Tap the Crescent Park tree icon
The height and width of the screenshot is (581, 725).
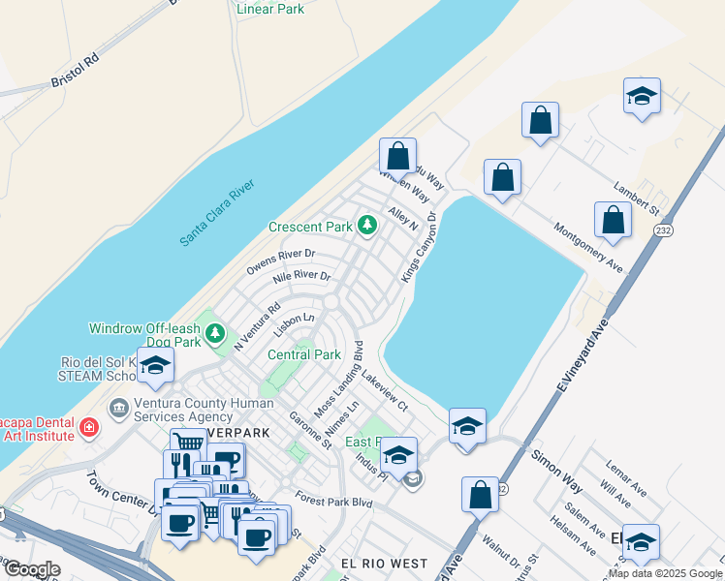(366, 226)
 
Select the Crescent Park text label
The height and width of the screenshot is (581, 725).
(311, 228)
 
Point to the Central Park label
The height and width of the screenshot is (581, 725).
(303, 354)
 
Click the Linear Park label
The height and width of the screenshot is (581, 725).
(270, 10)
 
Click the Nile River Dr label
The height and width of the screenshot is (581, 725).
(301, 277)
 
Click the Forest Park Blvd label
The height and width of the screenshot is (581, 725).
(334, 502)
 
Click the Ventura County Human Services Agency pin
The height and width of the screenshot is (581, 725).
(119, 408)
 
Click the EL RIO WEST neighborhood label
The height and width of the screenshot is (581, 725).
(384, 563)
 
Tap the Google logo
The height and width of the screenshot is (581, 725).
(32, 569)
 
